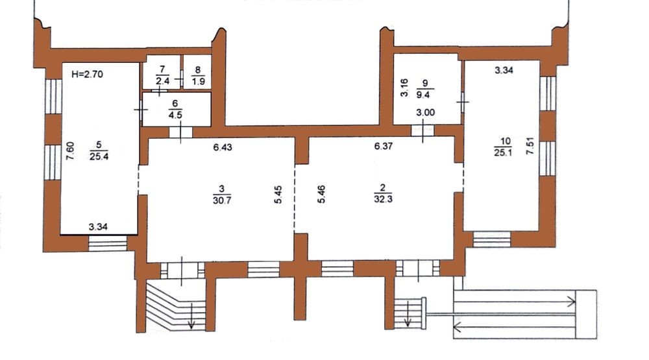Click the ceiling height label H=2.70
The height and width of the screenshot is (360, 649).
(88, 75)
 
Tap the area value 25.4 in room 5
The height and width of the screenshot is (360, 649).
(99, 156)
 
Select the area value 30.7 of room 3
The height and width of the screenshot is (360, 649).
(221, 200)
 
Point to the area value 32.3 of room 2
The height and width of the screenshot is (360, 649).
(383, 198)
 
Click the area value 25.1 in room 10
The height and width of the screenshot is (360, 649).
(503, 152)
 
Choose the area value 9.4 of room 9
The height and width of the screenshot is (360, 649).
(424, 95)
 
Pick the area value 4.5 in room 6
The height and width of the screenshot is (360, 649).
(175, 115)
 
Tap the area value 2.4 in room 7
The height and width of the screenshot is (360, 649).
(162, 80)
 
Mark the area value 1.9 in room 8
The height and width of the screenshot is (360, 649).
(198, 82)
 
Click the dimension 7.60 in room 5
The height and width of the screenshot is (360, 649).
(70, 150)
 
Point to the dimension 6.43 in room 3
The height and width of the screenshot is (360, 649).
(223, 147)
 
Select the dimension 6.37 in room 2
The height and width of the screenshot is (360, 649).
(384, 146)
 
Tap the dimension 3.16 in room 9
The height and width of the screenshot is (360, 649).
(404, 88)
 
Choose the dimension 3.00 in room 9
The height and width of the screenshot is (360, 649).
(426, 113)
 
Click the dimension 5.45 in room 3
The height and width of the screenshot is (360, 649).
(278, 195)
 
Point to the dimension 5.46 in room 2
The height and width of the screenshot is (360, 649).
(322, 194)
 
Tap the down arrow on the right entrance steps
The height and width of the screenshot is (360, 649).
(408, 314)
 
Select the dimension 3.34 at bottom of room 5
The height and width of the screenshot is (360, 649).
(99, 227)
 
